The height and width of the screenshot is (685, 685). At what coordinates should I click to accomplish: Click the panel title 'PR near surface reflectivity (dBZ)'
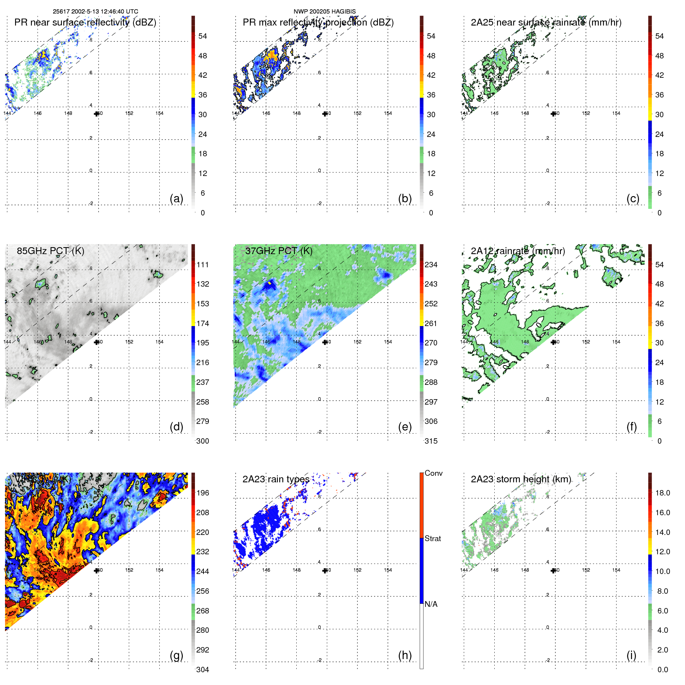tap(85, 22)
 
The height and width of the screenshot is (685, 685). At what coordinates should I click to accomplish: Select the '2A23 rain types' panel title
tap(276, 479)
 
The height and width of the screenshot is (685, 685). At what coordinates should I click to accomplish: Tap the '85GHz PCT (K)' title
tap(50, 251)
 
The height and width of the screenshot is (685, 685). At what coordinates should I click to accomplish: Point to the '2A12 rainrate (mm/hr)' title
tap(518, 251)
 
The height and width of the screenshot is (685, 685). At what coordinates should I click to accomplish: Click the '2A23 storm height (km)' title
tap(521, 479)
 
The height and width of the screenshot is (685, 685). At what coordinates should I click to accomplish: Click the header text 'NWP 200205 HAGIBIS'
tap(325, 12)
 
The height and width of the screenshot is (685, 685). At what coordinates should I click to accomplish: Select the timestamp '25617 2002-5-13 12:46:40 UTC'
tap(96, 12)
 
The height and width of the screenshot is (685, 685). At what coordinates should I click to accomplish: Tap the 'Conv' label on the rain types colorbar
tap(433, 473)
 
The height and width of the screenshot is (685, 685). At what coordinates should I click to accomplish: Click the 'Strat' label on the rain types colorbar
tap(432, 538)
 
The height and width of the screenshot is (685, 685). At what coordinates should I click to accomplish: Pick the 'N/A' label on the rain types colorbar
tap(431, 604)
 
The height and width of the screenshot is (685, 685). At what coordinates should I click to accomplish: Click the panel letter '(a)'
tap(176, 198)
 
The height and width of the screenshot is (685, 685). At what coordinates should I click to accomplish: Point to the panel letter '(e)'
tap(405, 427)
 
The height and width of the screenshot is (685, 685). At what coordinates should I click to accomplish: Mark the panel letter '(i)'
tap(631, 655)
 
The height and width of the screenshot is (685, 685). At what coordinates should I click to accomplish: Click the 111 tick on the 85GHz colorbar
tap(202, 265)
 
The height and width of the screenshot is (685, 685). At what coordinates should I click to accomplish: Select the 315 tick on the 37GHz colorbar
tap(431, 441)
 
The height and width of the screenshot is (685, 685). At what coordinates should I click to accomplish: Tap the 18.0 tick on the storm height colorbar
tap(662, 493)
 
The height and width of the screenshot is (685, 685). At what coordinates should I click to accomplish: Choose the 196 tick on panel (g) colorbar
tap(202, 493)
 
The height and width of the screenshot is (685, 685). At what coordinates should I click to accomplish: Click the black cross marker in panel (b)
tap(325, 114)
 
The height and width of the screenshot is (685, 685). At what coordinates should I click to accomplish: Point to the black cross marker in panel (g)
tap(97, 571)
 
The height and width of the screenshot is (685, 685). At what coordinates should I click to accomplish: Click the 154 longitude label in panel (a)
tap(159, 113)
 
